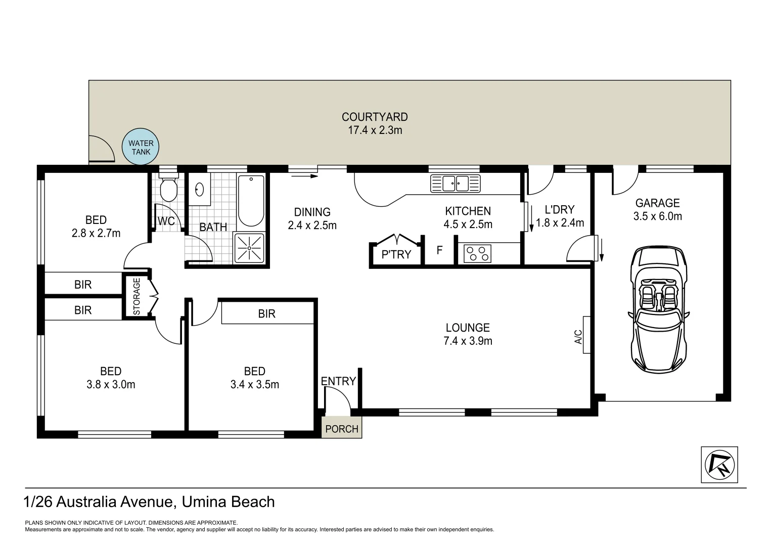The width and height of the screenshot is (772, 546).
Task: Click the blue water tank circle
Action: [141, 147]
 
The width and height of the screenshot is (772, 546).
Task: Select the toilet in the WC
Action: [168, 189]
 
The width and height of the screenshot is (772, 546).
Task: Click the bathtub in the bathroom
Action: [251, 201]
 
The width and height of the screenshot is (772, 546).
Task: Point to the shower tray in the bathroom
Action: [249, 248]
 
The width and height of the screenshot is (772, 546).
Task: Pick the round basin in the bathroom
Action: [200, 190]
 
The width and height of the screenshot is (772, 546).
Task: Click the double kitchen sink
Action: [455, 183]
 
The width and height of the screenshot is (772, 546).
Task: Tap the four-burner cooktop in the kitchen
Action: [477, 253]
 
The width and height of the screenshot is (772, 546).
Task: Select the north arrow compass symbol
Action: [719, 465]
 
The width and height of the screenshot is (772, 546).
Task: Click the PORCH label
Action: [342, 429]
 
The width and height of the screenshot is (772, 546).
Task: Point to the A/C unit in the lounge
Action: [586, 335]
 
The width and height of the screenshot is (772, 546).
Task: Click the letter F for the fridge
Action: [439, 250]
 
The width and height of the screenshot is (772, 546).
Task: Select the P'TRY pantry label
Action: [396, 254]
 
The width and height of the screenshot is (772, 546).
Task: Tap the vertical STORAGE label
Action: [137, 297]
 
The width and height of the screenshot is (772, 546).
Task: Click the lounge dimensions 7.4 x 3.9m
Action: [468, 341]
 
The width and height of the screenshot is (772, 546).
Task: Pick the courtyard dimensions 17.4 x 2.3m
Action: [375, 130]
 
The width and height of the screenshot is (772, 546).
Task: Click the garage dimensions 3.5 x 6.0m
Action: [657, 216]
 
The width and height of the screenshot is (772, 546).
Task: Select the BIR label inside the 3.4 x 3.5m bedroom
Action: [266, 314]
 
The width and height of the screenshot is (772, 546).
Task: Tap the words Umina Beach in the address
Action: [229, 502]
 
